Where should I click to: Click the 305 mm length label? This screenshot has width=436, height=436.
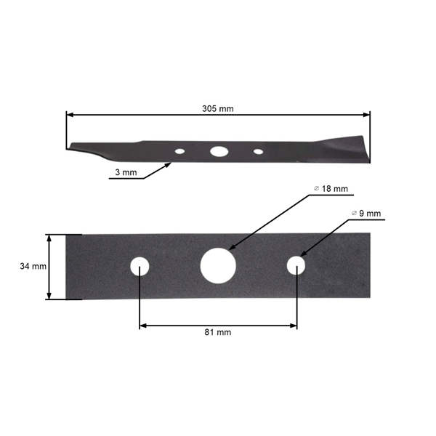coord(218,108)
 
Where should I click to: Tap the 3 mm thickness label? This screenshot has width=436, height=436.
coord(126,172)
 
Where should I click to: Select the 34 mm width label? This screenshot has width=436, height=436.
coord(33,267)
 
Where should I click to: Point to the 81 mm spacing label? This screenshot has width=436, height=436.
coord(217,332)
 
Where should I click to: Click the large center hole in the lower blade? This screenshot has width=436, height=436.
coord(217,266)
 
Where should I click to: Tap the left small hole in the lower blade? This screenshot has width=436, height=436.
coord(139,267)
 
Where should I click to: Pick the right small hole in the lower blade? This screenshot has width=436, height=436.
coord(296,266)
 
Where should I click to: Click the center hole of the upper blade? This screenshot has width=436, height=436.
coord(218,152)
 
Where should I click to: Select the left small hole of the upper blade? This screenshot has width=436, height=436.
coord(179,152)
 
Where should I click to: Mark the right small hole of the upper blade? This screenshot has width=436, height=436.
coord(258,152)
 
